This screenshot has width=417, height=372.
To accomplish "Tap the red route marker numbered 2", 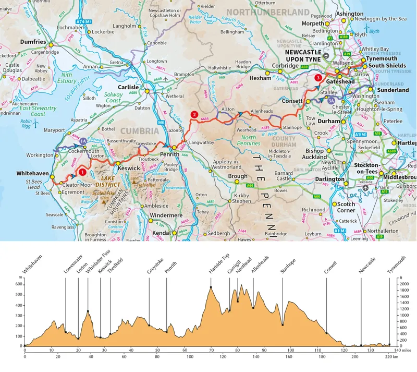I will (194, 115).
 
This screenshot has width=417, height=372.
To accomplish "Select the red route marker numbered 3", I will (318, 78).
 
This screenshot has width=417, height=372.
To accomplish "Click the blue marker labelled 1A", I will (83, 140).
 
